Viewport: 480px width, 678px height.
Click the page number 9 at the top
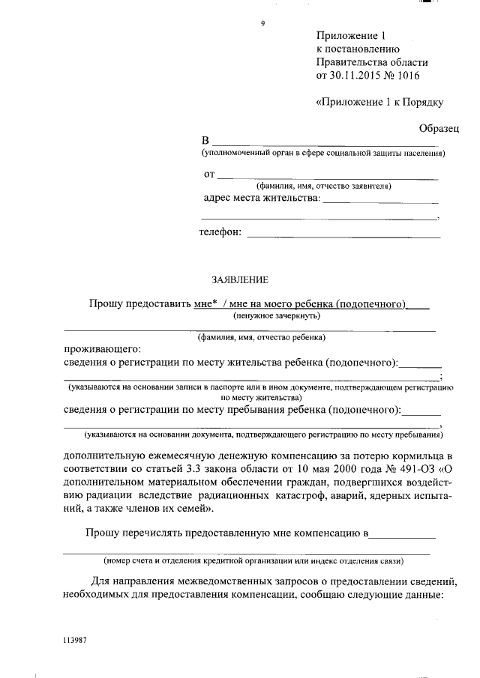coord(262,23)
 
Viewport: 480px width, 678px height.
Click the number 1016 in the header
coord(405,76)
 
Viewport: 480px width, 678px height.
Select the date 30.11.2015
coord(355,76)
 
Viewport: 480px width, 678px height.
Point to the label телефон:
coord(220,233)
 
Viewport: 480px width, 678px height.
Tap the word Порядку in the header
coord(424,102)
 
